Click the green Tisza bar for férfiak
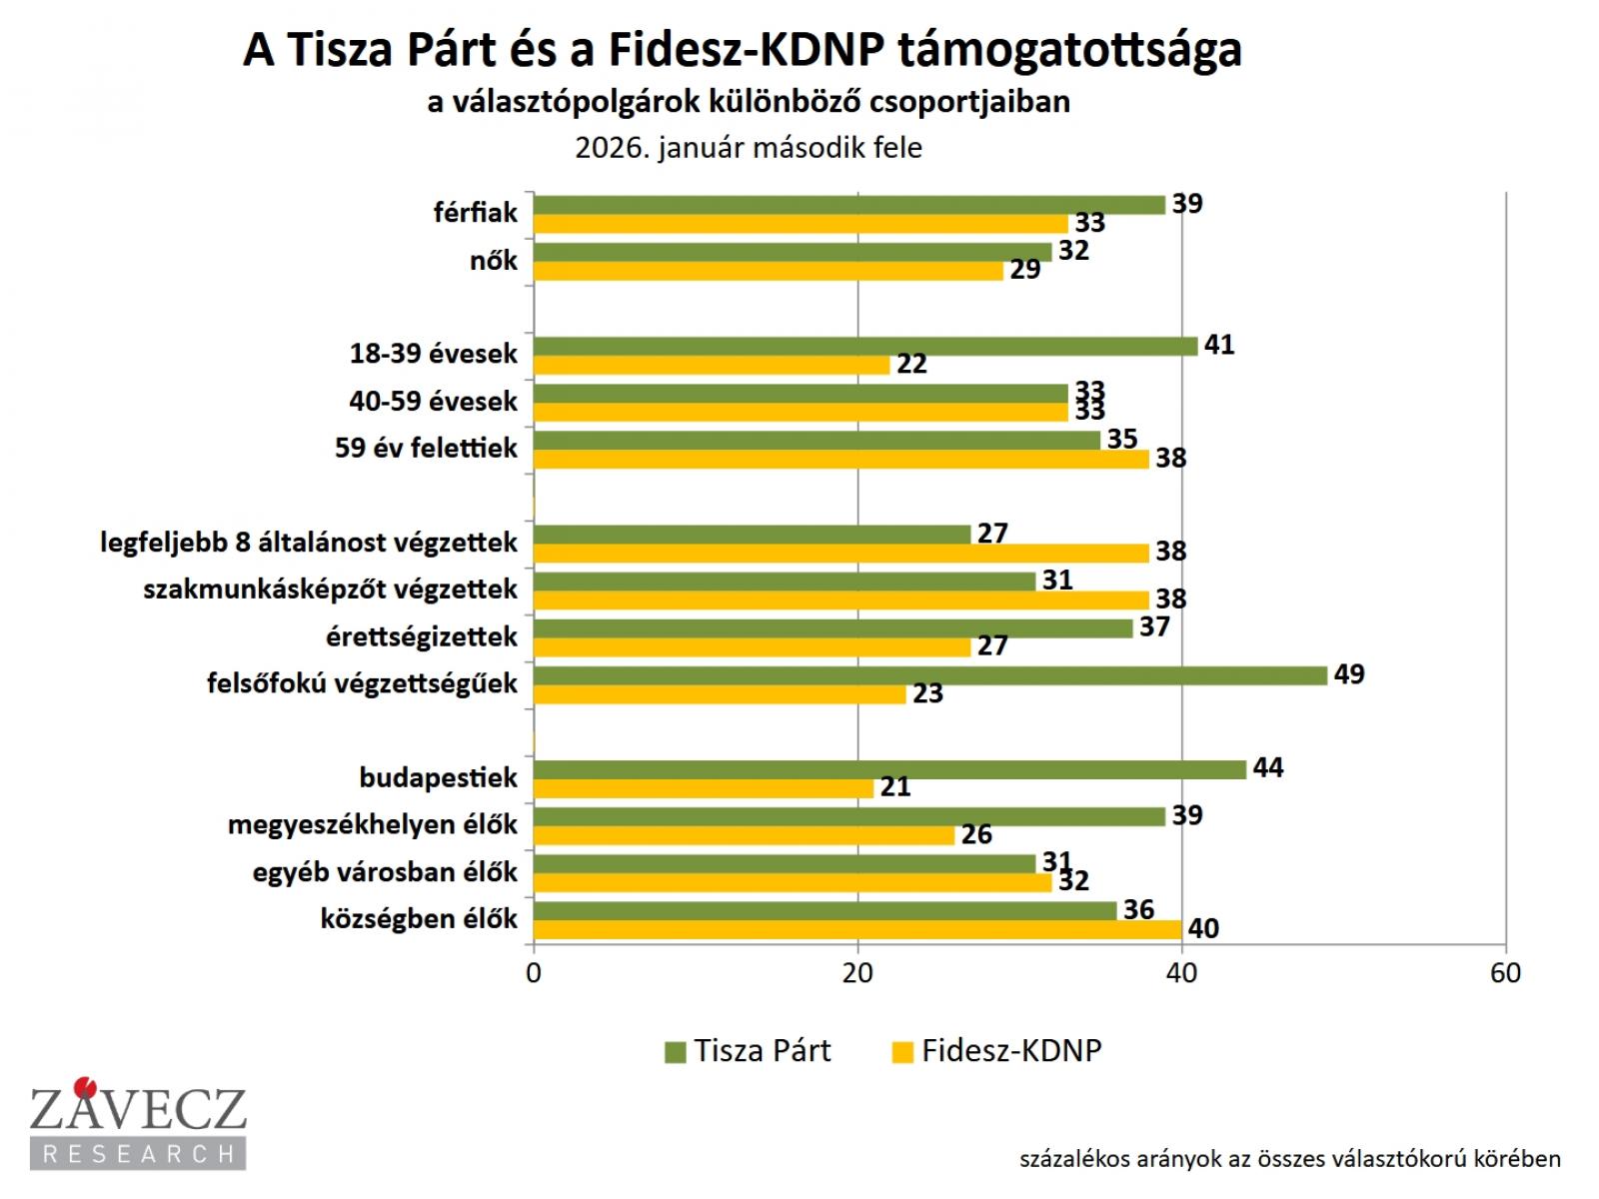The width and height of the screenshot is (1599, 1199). click(849, 205)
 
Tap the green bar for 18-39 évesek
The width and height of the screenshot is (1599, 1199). click(865, 346)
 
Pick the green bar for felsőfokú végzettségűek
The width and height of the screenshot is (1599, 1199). click(929, 675)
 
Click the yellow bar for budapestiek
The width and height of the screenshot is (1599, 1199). click(704, 788)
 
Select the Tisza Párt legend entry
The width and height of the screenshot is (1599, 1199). click(748, 1051)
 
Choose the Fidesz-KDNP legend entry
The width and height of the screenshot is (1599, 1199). click(997, 1051)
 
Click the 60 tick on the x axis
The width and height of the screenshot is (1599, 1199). click(1505, 973)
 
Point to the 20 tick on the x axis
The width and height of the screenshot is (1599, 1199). click(857, 973)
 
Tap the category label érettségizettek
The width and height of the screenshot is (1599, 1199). click(422, 636)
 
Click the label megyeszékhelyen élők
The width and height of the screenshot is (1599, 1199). click(373, 824)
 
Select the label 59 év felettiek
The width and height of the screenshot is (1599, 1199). click(426, 448)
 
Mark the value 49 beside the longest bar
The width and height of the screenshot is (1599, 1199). click(1348, 674)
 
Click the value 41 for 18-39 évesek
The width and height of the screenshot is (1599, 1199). click(1219, 345)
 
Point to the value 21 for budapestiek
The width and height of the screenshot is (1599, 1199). click(895, 787)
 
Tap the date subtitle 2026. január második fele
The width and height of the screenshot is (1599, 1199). click(749, 148)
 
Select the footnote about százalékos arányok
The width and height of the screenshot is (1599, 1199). click(1289, 1159)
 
